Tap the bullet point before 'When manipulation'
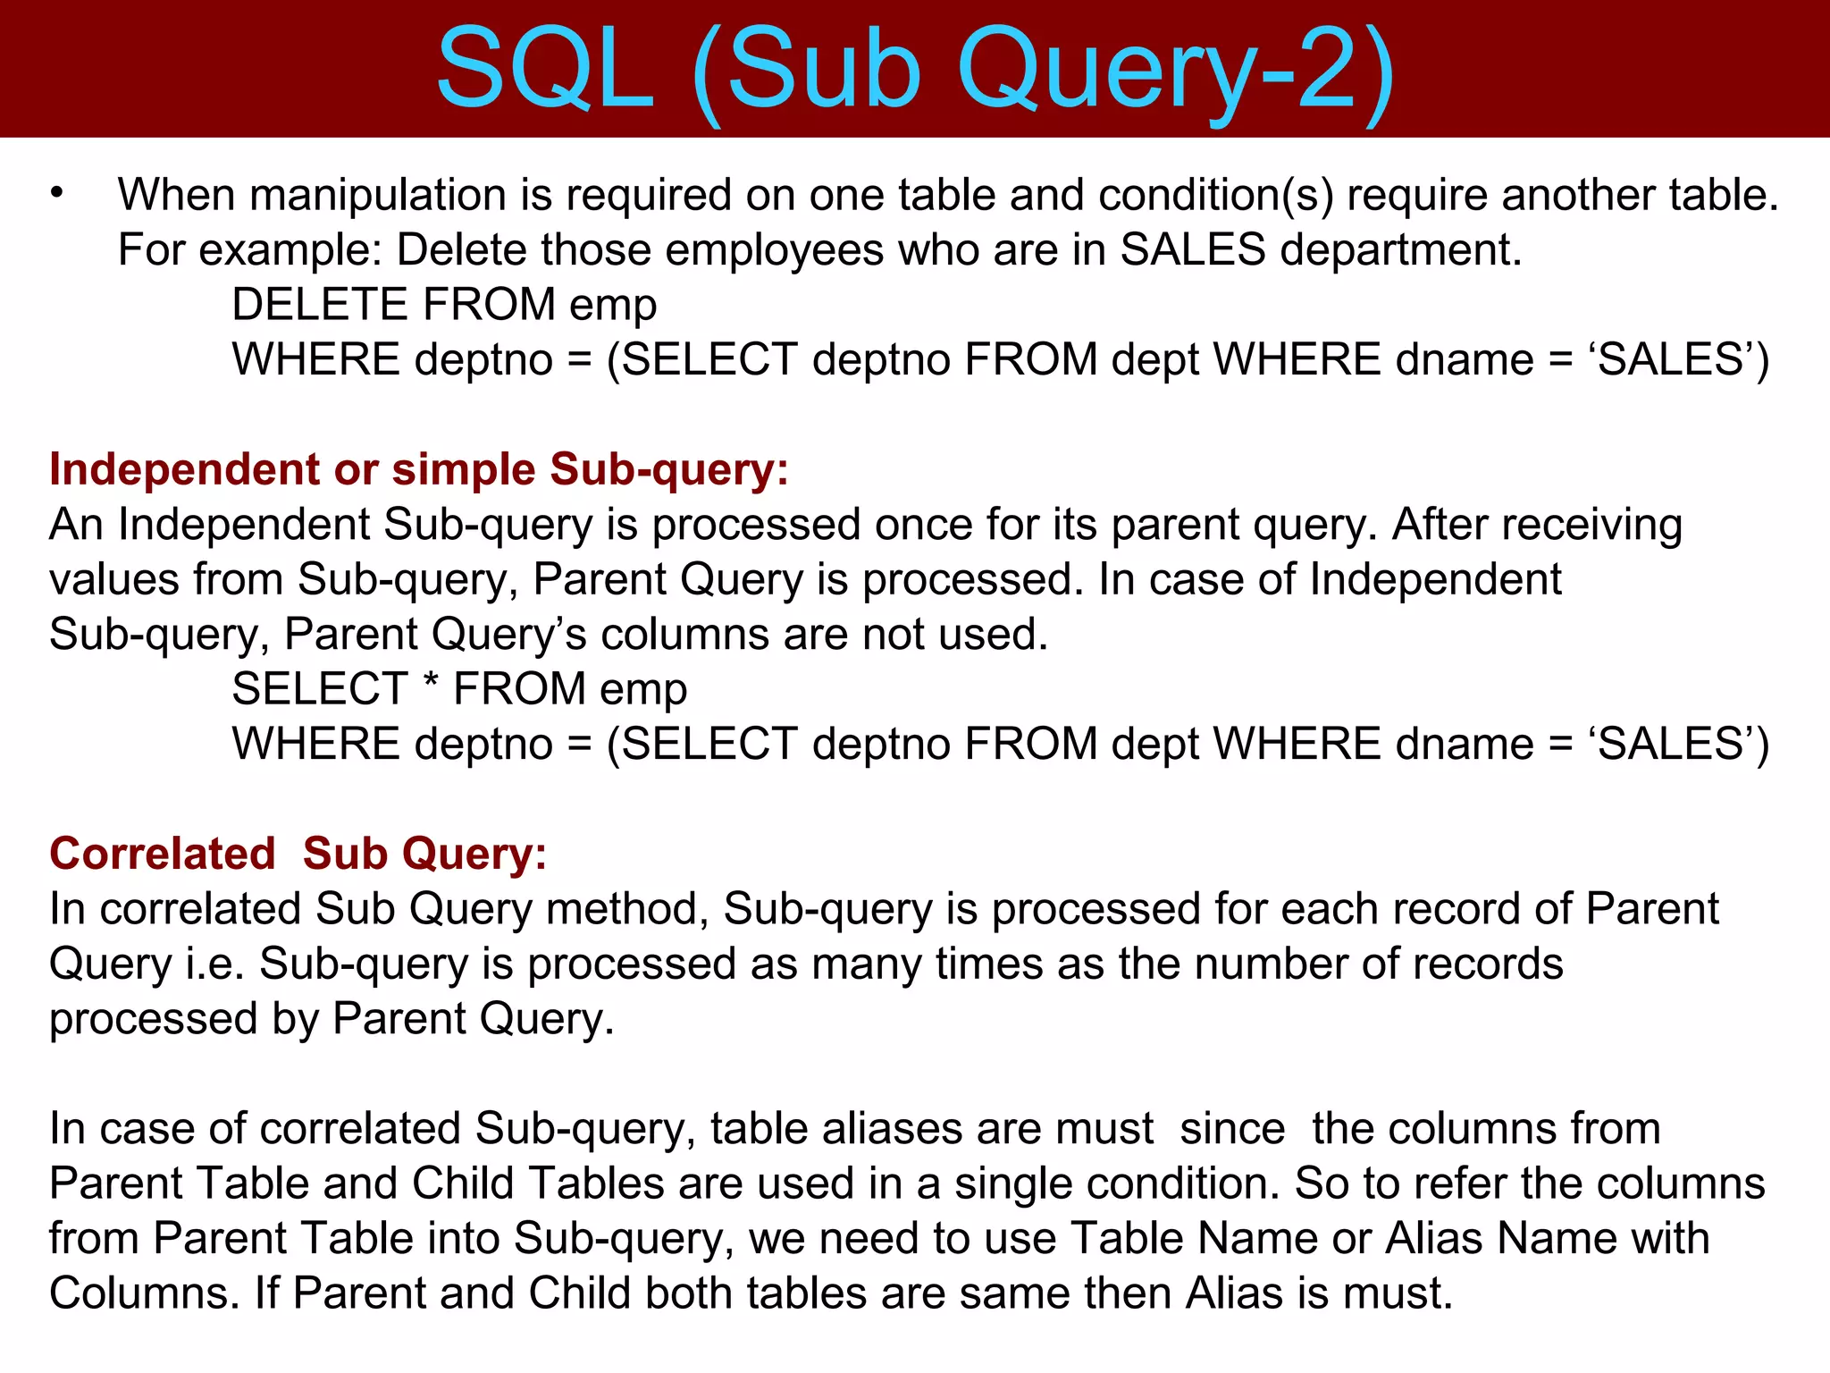click(x=57, y=193)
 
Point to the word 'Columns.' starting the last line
click(x=145, y=1293)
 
